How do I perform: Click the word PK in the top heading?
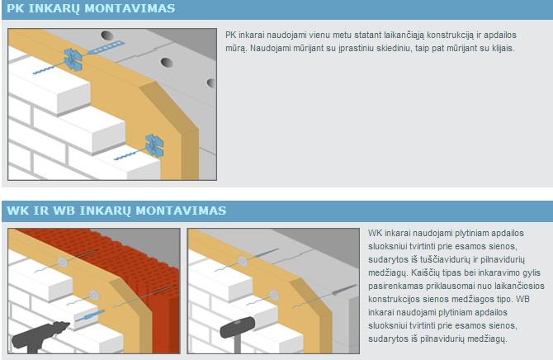coord(15,8)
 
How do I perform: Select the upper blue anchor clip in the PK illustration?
coord(73,59)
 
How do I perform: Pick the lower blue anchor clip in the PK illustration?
coord(154,145)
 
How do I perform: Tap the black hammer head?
coord(238,327)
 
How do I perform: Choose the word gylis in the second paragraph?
coord(532,272)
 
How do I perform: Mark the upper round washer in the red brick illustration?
coord(62,262)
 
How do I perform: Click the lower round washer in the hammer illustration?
coord(274,295)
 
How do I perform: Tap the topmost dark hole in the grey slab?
coord(106,36)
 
